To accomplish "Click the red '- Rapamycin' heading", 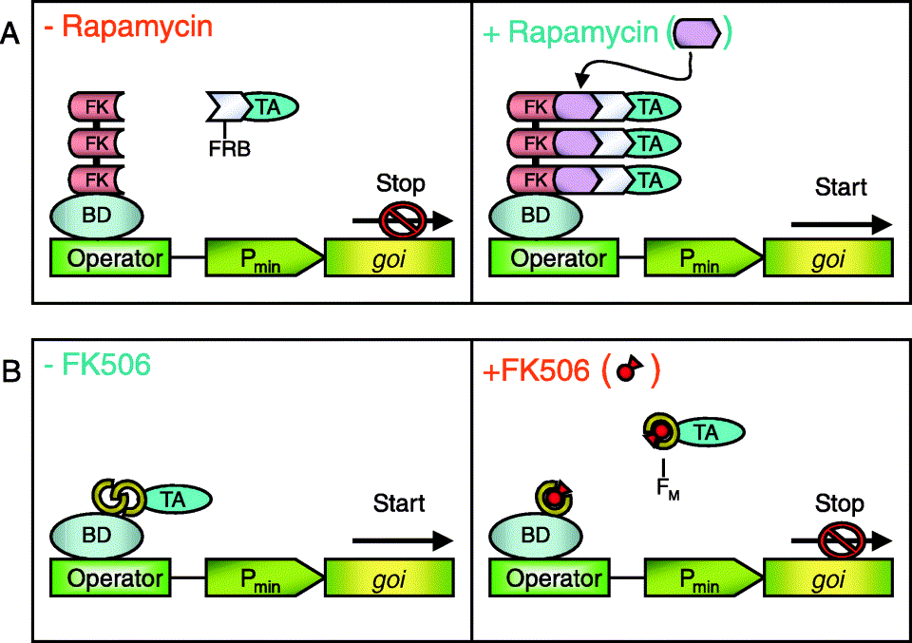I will point(129,26).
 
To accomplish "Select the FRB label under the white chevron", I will point(228,148).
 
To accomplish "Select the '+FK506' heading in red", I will point(538,371).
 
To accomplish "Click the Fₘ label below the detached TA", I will point(664,491).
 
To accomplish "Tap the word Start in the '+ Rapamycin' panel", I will point(841,187).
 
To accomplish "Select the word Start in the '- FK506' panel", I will point(399,502).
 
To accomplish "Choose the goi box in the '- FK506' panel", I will point(389,577).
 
